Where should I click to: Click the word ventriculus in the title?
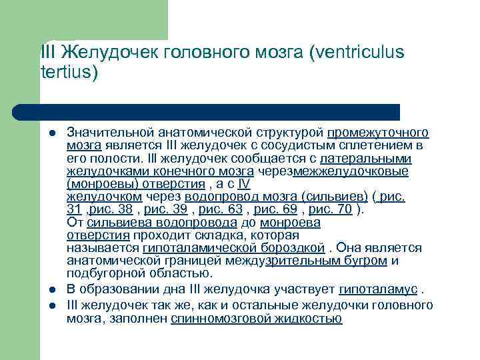(358, 53)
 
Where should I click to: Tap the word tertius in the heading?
(66, 71)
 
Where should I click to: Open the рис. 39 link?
(165, 209)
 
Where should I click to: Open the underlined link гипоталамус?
(378, 290)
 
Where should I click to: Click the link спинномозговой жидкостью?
(256, 319)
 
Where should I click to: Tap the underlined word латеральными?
(365, 159)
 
